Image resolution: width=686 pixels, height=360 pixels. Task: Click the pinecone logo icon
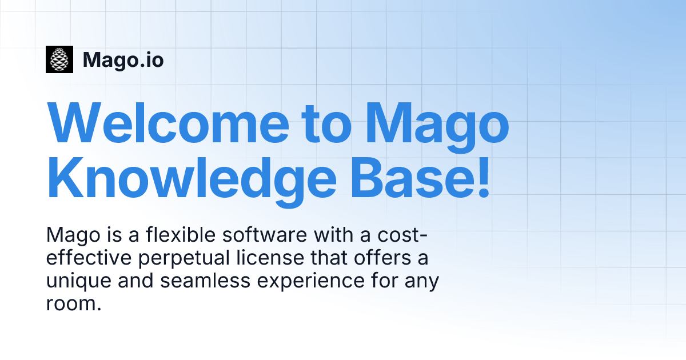pyautogui.click(x=59, y=59)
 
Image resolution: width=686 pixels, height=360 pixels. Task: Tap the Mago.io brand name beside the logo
pyautogui.click(x=123, y=60)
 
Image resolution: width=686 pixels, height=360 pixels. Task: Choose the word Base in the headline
pyautogui.click(x=412, y=178)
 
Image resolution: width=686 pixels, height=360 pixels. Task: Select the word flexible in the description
pyautogui.click(x=181, y=235)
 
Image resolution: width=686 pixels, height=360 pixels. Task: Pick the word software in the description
pyautogui.click(x=265, y=235)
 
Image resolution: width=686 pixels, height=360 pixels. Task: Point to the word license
pyautogui.click(x=270, y=258)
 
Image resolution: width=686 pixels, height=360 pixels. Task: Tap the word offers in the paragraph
pyautogui.click(x=382, y=258)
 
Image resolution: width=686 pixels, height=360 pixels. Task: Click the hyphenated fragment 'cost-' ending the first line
pyautogui.click(x=402, y=235)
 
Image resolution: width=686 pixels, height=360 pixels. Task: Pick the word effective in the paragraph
pyautogui.click(x=89, y=258)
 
